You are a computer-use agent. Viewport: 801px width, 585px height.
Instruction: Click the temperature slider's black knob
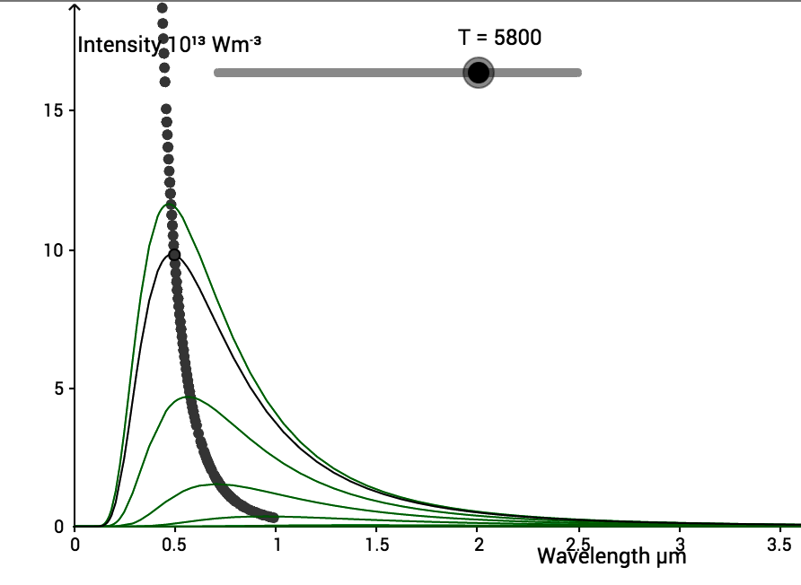point(479,73)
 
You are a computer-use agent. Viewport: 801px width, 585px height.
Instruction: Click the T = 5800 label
point(499,38)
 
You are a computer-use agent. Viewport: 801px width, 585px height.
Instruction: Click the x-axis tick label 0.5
point(176,544)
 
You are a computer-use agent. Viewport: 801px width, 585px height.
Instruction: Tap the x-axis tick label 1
point(277,544)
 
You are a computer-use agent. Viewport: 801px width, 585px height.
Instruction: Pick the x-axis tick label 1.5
point(377,544)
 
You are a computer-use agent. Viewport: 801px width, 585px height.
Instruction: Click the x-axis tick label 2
point(479,544)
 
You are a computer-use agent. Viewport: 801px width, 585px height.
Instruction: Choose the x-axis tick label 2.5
point(579,544)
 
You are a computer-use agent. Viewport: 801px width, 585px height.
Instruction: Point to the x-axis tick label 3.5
point(780,544)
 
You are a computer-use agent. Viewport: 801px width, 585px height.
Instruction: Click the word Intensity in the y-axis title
point(115,45)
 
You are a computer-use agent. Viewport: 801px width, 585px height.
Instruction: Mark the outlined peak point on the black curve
point(174,255)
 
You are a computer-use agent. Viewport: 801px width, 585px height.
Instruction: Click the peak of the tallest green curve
point(169,205)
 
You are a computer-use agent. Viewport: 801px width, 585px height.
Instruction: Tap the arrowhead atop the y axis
point(75,6)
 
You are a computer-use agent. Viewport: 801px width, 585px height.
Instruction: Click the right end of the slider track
point(578,73)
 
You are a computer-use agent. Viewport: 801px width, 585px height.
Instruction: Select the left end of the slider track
point(217,73)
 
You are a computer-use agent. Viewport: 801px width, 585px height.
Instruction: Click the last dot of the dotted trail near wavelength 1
point(274,517)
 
